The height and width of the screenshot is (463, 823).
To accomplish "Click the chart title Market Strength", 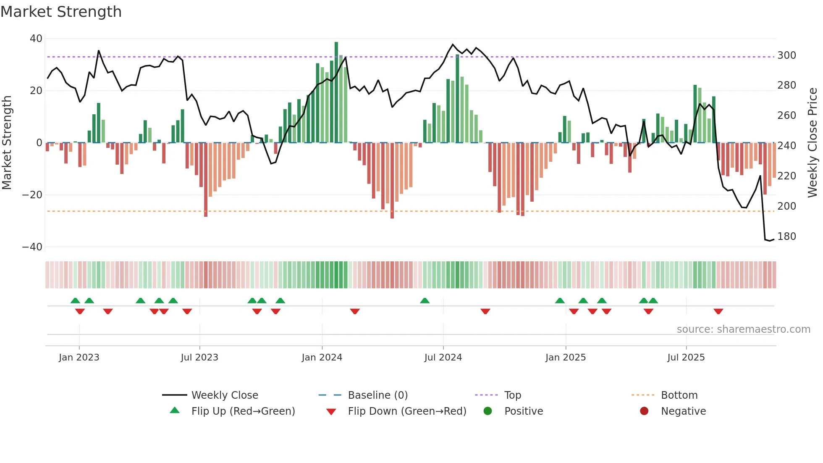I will coord(61,12).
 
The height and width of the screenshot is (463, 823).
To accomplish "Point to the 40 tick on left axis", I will coord(36,39).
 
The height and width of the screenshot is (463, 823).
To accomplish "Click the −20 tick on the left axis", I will coord(32,195).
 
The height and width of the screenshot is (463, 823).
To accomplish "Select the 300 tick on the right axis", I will coord(786,55).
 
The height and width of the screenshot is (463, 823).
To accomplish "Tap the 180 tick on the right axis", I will coord(786,237).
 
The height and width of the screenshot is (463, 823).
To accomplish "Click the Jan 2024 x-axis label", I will coord(322,358).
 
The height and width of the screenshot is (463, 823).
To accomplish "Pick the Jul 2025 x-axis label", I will coord(686,358).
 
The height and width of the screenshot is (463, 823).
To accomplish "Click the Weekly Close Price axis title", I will coord(813,143).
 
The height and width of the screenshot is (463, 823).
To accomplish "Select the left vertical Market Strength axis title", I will coord(7,143).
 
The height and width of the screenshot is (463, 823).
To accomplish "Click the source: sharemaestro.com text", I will coord(743,329).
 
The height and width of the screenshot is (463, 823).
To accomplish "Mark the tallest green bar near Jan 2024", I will coord(336,92).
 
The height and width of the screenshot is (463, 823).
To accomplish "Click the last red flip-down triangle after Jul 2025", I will coord(718,311).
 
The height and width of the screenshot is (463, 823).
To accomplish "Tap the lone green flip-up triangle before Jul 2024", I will coord(425,301).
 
